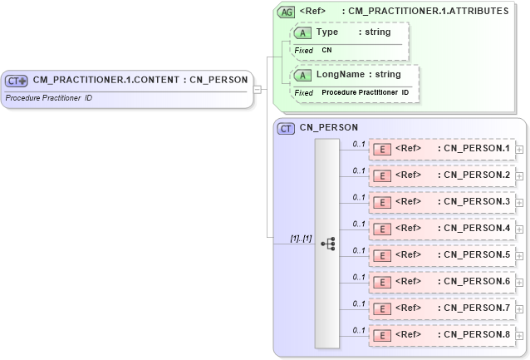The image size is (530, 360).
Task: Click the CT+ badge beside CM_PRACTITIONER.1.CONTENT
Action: coord(17,81)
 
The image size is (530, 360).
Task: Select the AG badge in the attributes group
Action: coord(286,12)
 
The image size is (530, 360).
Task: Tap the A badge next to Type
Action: coord(304,32)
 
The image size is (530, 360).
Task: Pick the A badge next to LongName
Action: coord(304,76)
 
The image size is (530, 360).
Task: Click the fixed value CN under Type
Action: coord(326,50)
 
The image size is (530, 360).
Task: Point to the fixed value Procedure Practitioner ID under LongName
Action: coord(365,92)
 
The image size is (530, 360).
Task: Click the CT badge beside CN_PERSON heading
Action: coord(286,128)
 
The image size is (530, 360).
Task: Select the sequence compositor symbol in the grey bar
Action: coord(327,243)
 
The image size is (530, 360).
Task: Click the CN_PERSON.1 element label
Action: coord(477,149)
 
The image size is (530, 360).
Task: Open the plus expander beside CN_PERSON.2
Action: coord(519,176)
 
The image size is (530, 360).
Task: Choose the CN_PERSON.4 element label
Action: coord(477,228)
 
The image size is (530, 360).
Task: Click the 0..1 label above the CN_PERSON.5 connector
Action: coord(359,250)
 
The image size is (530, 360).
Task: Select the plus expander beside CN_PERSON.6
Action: coord(519,283)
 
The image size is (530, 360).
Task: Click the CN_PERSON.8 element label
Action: coord(477,334)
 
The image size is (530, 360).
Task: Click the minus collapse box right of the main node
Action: coord(258,88)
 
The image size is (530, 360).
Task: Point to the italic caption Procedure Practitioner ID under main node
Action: coord(48,98)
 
